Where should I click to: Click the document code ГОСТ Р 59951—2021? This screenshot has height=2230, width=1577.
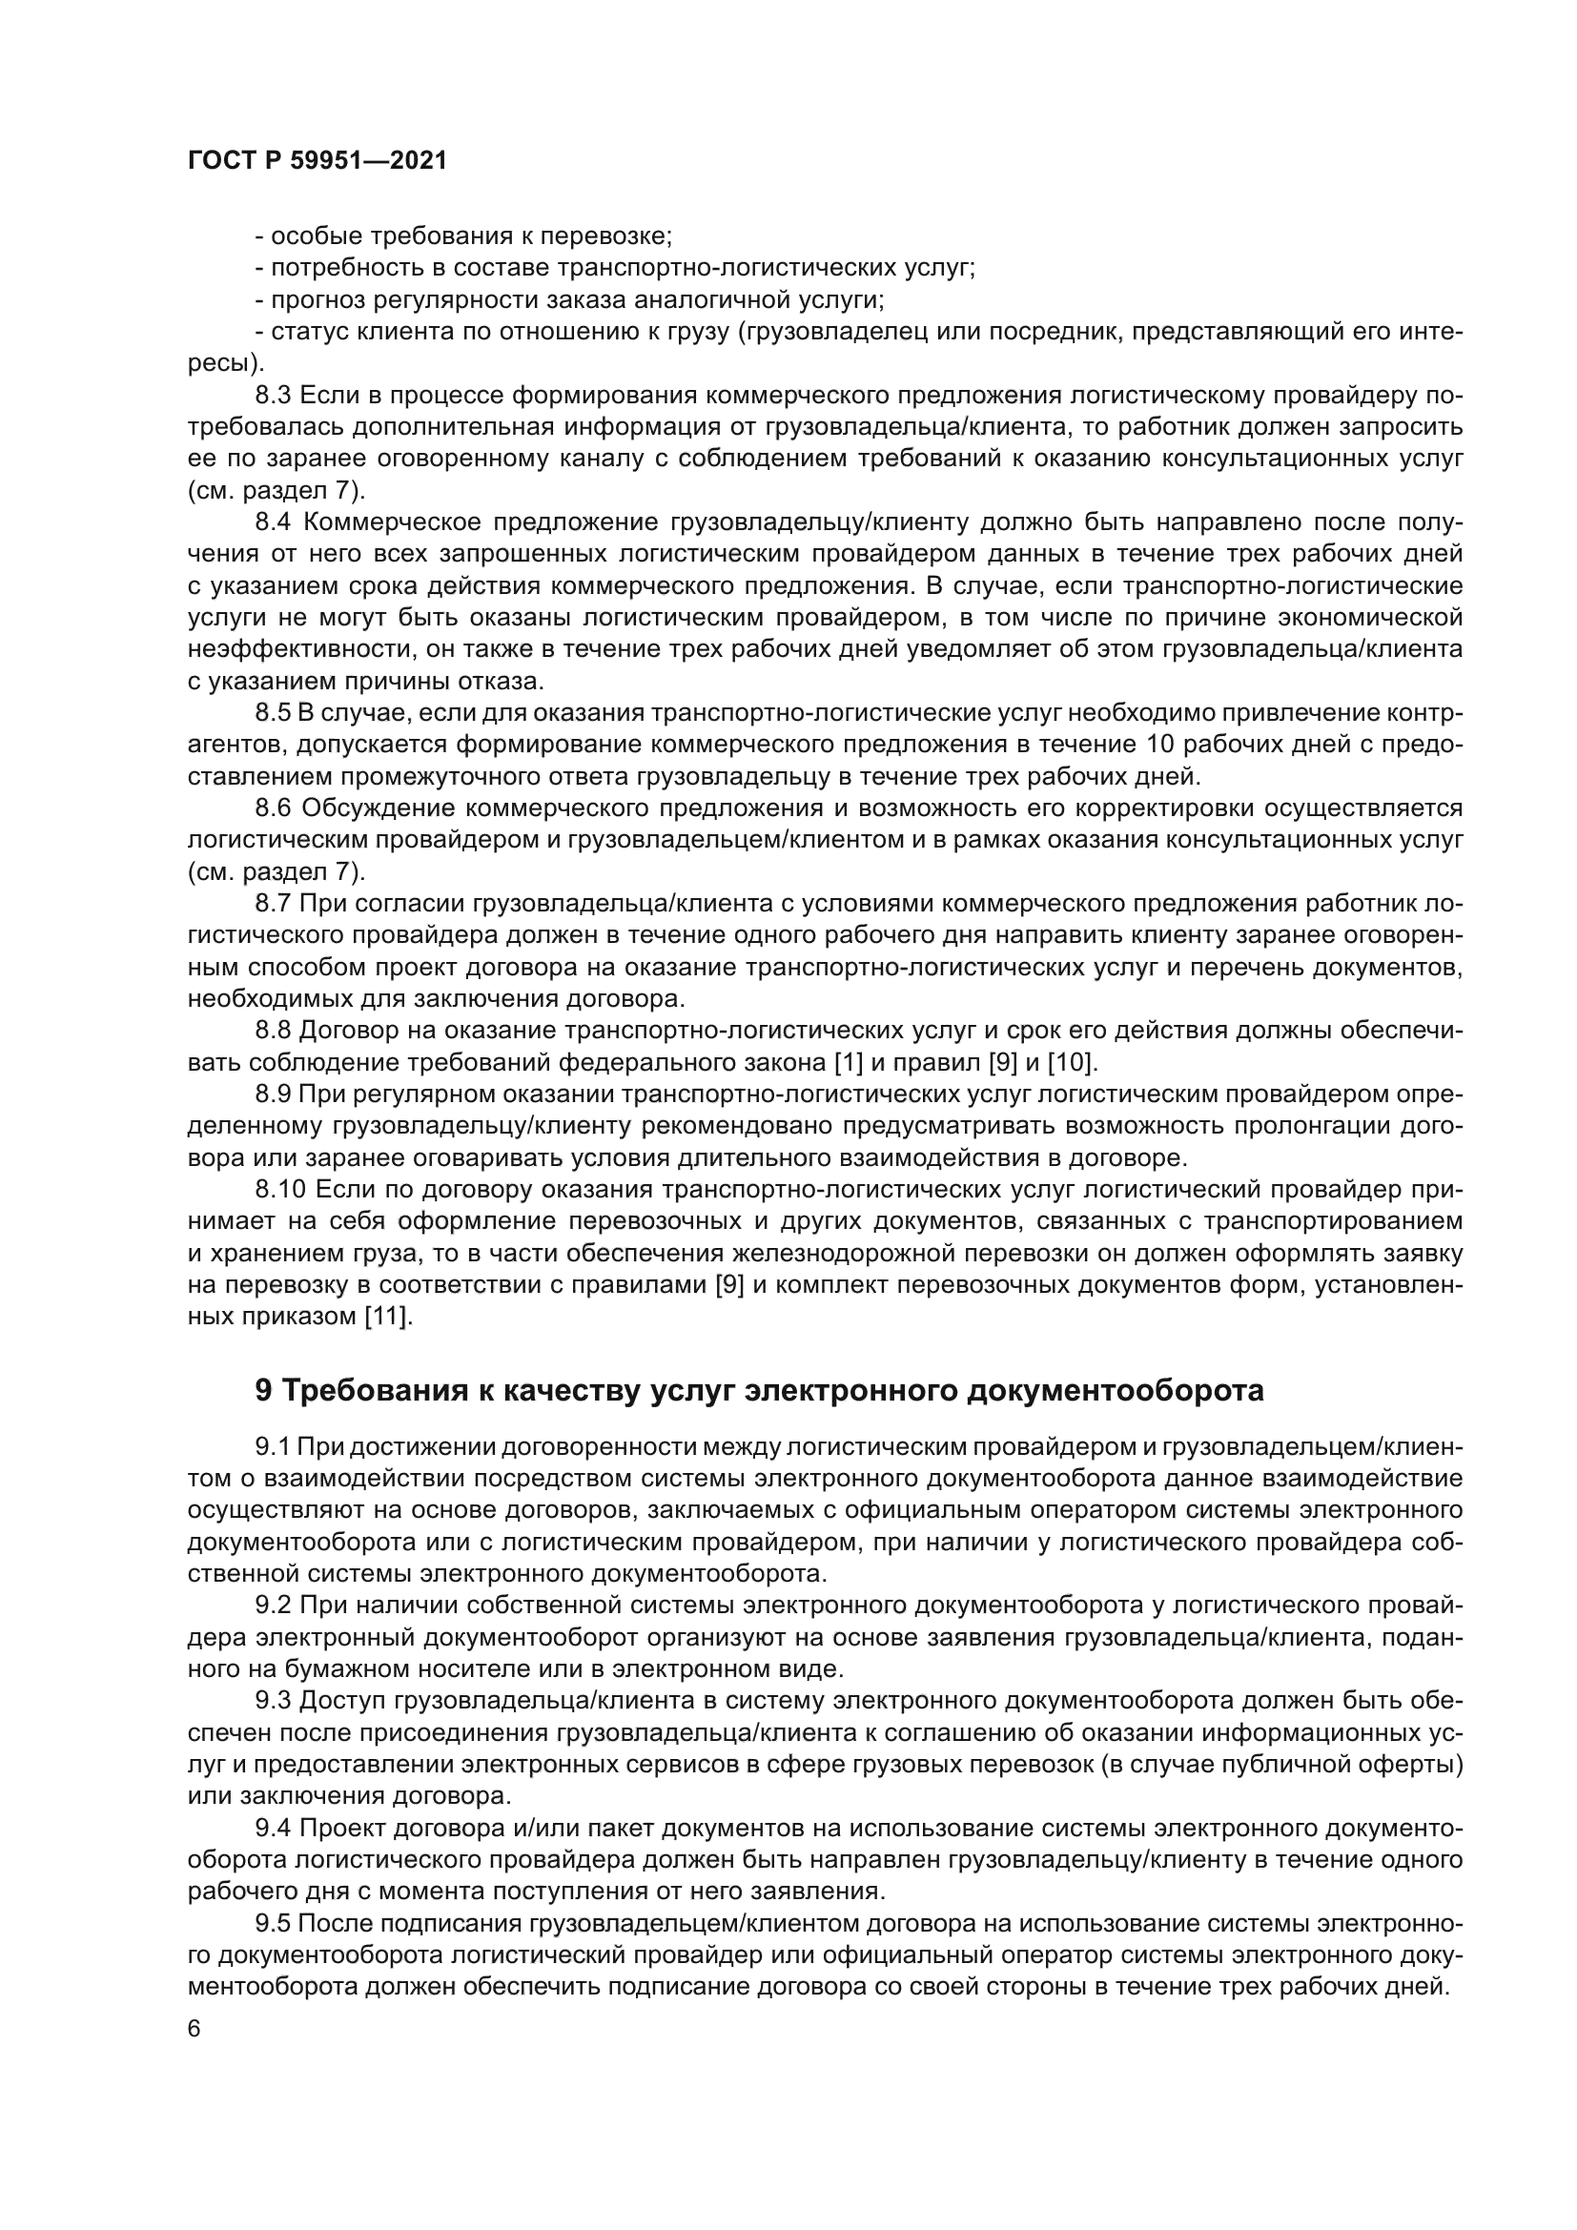coord(317,161)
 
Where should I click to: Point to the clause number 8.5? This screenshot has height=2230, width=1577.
coord(273,713)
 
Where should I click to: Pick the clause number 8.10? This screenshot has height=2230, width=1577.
coord(279,1190)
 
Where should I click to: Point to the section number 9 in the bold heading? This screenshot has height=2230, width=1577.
coord(263,1391)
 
